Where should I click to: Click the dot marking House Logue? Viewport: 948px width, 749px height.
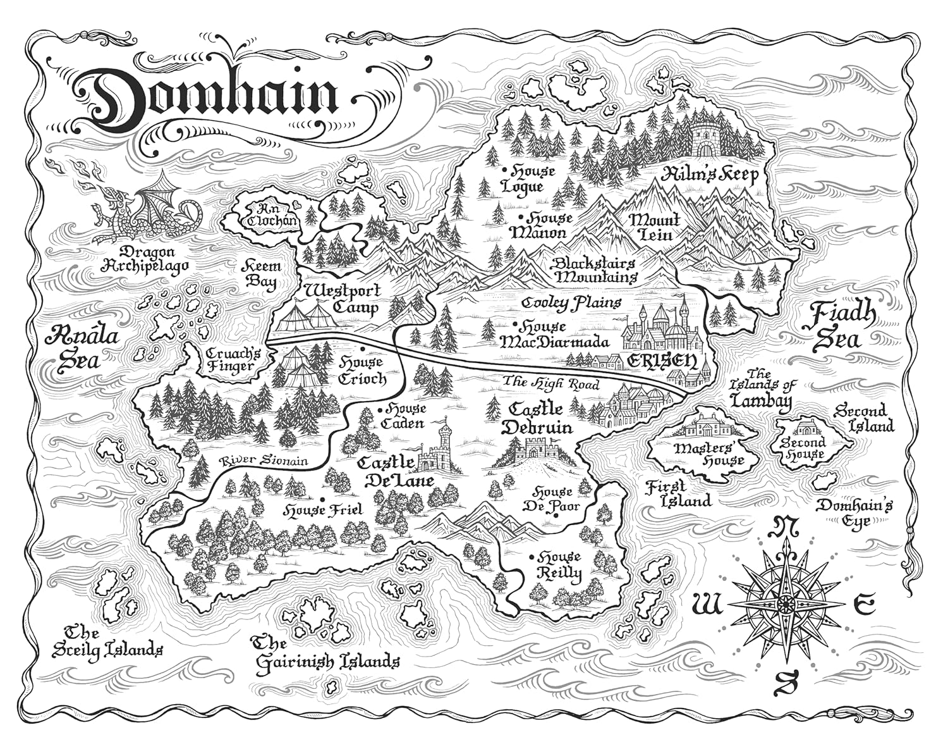504,170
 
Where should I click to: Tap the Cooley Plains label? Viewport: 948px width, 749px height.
571,304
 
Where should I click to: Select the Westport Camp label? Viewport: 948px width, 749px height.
342,299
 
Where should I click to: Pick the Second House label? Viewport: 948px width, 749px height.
802,448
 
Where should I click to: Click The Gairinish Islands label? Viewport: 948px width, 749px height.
326,653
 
